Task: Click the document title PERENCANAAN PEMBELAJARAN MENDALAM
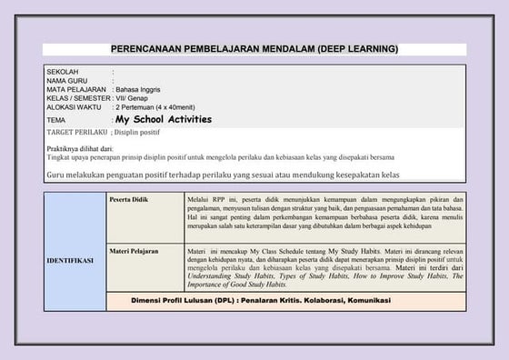(254, 48)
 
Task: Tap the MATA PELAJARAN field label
(76, 89)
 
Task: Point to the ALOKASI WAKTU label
(74, 107)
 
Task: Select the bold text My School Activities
(164, 119)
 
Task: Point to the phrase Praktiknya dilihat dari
(80, 147)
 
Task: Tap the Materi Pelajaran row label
(134, 248)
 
